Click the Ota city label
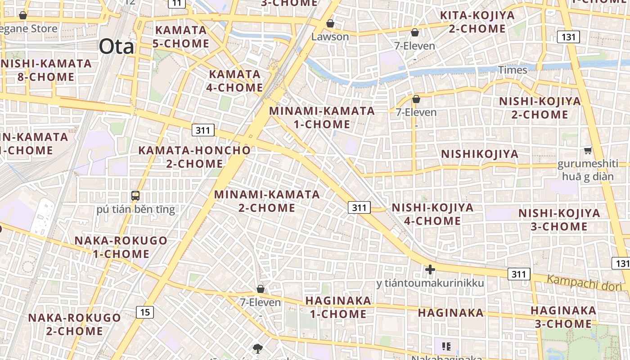point(116,46)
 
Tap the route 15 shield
point(145,312)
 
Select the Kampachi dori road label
point(584,283)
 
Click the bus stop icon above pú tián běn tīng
point(135,196)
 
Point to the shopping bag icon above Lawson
point(330,23)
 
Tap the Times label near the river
point(513,70)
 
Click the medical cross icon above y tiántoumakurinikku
point(430,270)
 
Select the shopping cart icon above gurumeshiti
point(588,150)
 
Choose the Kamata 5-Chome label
point(182,37)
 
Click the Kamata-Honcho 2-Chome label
point(194,157)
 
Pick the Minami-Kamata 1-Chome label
point(322,117)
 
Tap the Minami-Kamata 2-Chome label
point(267,201)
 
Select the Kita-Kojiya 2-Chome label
point(477,22)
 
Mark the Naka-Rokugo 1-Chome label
point(121,247)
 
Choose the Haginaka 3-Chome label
point(563,317)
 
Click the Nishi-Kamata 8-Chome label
point(46,70)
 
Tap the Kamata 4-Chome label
point(234,81)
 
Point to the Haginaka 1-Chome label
point(338,307)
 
